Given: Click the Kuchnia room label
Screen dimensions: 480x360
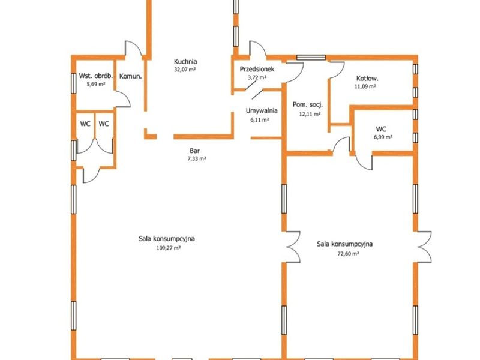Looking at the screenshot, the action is tap(185, 62).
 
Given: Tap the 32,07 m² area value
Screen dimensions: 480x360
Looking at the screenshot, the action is tap(185, 70).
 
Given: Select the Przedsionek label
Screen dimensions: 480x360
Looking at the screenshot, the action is tap(257, 69).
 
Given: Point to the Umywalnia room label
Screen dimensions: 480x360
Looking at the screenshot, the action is tap(262, 110).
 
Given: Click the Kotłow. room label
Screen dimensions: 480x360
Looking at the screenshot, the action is tap(365, 79).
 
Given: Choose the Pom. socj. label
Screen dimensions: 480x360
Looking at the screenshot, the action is tap(308, 104).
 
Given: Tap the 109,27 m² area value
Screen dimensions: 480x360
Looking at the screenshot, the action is tap(169, 248).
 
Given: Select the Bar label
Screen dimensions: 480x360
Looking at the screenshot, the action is tap(194, 151).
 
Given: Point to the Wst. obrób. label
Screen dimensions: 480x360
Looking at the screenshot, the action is tap(96, 76).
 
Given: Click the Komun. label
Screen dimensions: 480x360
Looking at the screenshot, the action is tap(130, 76).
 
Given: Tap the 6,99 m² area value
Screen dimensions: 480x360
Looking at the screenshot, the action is tap(383, 137).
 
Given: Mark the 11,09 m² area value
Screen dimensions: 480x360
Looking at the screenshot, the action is tap(365, 86).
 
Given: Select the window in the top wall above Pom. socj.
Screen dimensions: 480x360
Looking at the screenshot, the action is tap(311, 57).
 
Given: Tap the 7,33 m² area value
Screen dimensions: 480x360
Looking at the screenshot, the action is tap(197, 158).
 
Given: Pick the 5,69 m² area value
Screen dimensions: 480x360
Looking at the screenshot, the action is tap(96, 84).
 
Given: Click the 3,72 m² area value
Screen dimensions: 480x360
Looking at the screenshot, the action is tap(257, 77).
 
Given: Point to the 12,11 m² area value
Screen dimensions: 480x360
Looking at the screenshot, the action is tap(310, 114).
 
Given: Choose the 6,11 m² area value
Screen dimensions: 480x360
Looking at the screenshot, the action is tap(260, 120).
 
